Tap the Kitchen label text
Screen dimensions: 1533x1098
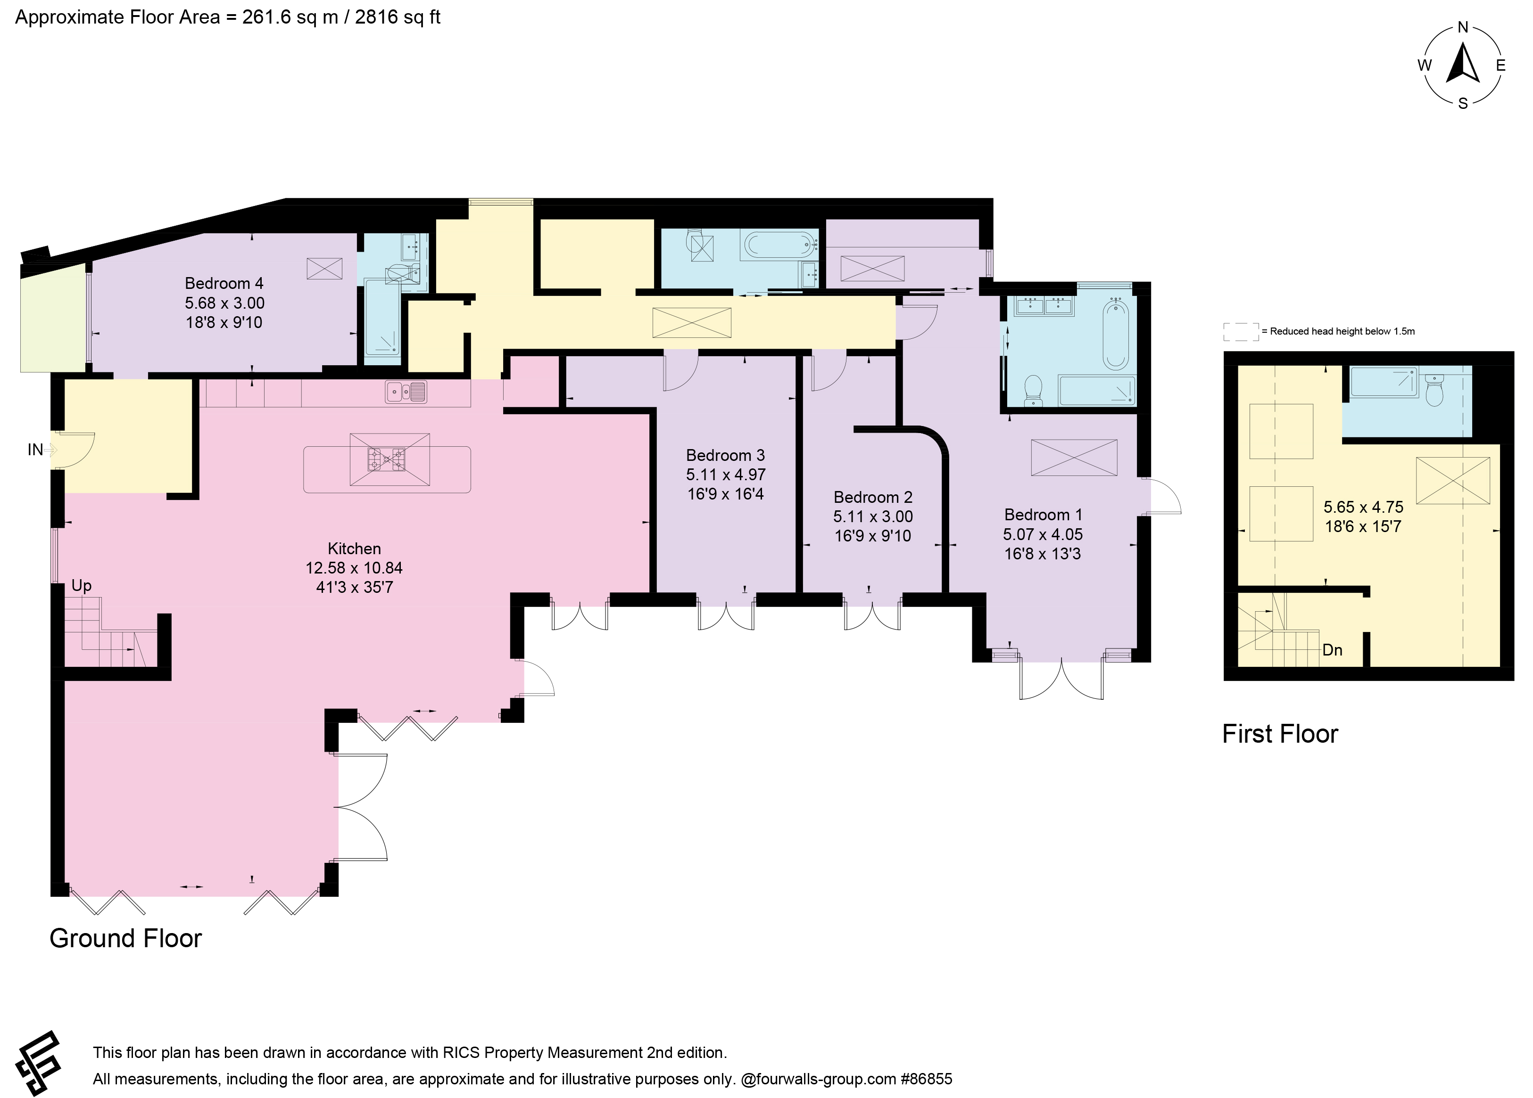354,549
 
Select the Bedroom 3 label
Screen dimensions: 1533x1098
725,455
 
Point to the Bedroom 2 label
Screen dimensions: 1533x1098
873,497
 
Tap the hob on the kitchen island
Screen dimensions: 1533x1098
387,459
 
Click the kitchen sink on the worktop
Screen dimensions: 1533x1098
406,392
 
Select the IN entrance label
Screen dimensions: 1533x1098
35,450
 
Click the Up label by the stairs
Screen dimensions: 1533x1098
81,586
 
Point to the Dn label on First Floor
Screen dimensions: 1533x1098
1332,650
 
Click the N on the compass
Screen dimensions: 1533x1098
1463,47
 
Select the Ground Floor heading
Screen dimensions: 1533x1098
126,939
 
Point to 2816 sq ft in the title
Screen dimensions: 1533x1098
398,17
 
